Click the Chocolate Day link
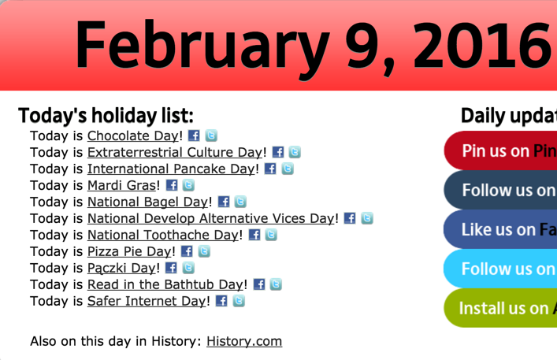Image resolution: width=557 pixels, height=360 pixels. pyautogui.click(x=133, y=135)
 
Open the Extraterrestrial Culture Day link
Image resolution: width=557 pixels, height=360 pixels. pyautogui.click(x=174, y=152)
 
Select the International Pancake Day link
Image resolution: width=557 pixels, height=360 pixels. pyautogui.click(x=172, y=169)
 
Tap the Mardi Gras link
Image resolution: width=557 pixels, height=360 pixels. pyautogui.click(x=121, y=185)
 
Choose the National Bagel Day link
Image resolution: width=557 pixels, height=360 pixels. pyautogui.click(x=147, y=202)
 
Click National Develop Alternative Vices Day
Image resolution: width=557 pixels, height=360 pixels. pyautogui.click(x=210, y=218)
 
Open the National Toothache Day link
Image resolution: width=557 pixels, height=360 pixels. pyautogui.click(x=162, y=235)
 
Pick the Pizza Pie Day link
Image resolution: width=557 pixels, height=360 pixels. pyautogui.click(x=129, y=251)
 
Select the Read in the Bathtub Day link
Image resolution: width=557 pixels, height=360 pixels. pyautogui.click(x=165, y=284)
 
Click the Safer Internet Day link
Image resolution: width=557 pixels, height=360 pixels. pyautogui.click(x=147, y=301)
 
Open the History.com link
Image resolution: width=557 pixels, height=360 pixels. pyautogui.click(x=244, y=341)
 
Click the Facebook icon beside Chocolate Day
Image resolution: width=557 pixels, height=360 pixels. pyautogui.click(x=194, y=135)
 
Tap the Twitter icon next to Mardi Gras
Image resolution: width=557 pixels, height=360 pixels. pyautogui.click(x=188, y=185)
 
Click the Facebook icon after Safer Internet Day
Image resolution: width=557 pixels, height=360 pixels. pyautogui.click(x=221, y=301)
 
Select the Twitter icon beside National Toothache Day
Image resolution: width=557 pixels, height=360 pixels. pyautogui.click(x=271, y=235)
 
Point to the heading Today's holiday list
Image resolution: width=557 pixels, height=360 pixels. pyautogui.click(x=106, y=116)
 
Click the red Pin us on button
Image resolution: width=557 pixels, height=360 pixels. pyautogui.click(x=501, y=150)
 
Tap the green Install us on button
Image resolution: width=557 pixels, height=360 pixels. pyautogui.click(x=501, y=308)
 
